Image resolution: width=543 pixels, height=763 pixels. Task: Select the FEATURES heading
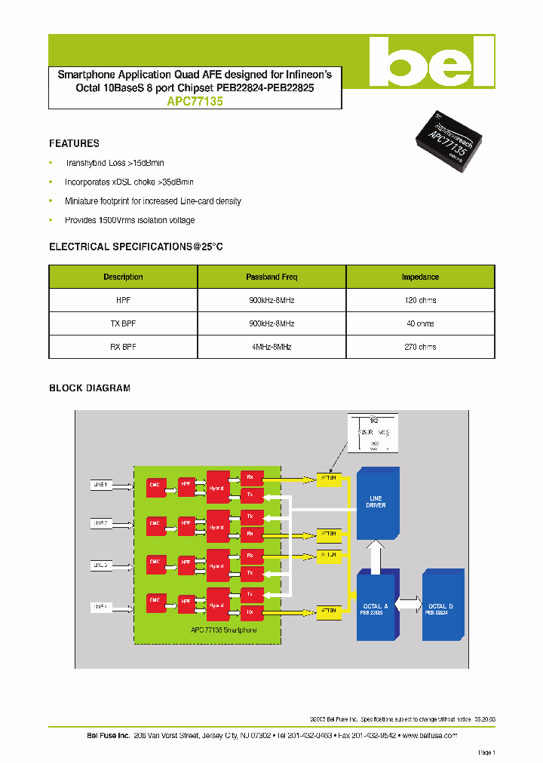click(x=74, y=143)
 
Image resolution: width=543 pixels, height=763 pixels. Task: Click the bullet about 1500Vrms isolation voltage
click(x=130, y=220)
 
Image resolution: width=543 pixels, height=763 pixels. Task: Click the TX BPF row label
click(x=123, y=323)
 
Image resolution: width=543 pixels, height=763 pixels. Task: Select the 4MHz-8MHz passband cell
click(x=271, y=347)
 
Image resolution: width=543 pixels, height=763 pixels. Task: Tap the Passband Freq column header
click(x=271, y=277)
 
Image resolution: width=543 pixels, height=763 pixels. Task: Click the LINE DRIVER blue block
click(x=377, y=503)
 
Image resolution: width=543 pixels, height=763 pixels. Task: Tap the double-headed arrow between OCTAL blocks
click(x=408, y=604)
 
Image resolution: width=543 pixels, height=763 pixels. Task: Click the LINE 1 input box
click(x=102, y=486)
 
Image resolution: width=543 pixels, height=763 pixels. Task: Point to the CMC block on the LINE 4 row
click(x=155, y=601)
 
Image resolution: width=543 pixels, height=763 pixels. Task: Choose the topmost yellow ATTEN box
click(x=329, y=479)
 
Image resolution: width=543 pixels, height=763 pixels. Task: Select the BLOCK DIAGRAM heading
click(x=90, y=388)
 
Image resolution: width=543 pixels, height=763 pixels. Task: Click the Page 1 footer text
click(x=486, y=752)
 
